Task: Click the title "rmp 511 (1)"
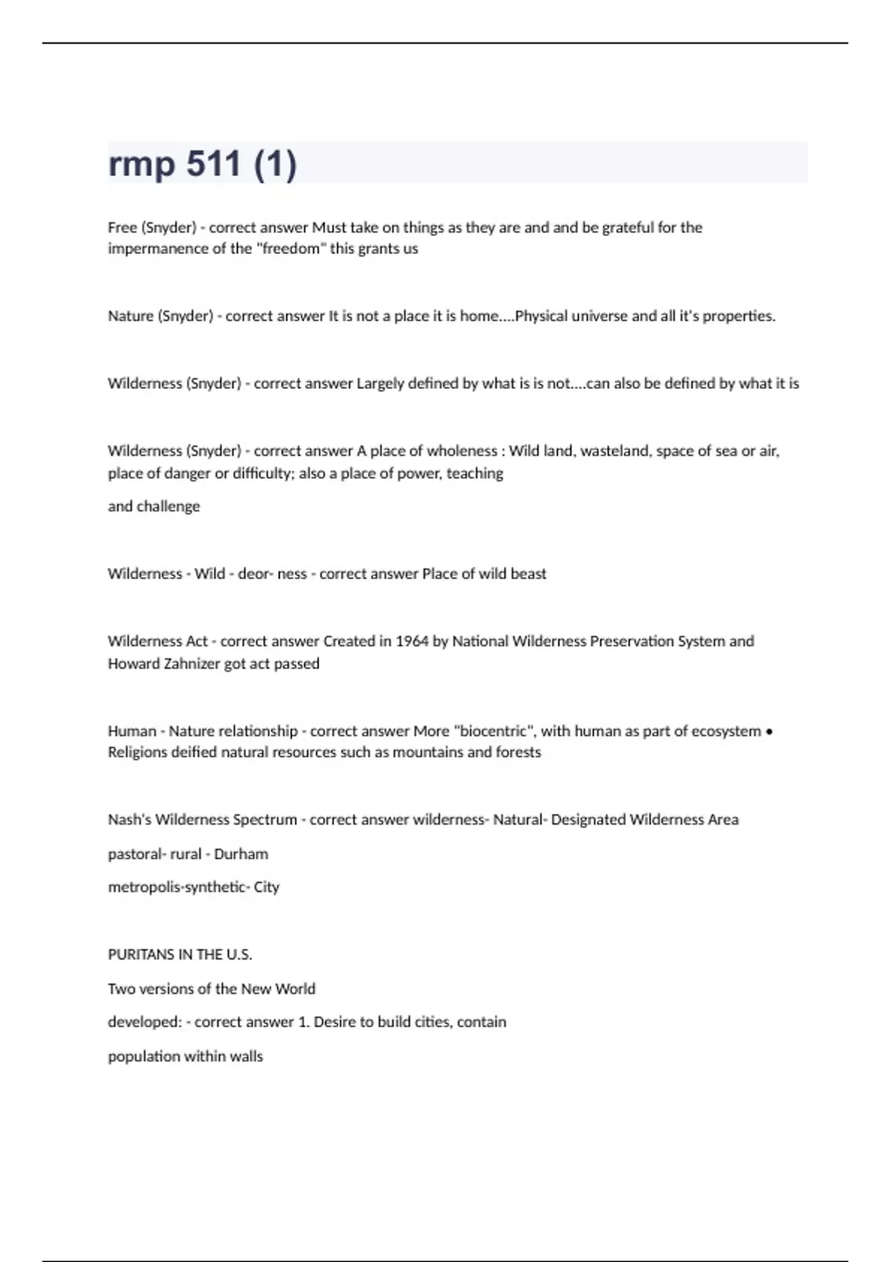point(202,164)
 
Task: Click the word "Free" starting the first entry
point(122,227)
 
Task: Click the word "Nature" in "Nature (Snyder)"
point(130,316)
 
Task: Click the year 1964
point(411,641)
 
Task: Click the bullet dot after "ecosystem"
point(768,732)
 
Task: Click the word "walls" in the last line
point(246,1056)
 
